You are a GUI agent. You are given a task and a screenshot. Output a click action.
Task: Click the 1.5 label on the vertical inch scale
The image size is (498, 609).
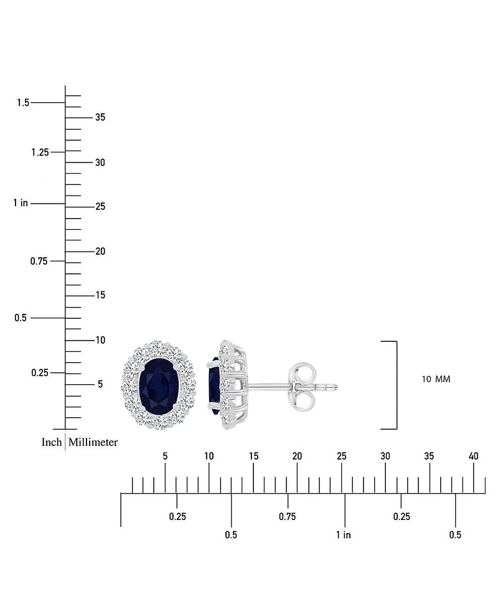[23, 103]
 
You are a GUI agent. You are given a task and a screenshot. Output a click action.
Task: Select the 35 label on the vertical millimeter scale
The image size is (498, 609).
[100, 117]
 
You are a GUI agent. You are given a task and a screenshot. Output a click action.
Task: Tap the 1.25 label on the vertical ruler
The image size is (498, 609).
[40, 152]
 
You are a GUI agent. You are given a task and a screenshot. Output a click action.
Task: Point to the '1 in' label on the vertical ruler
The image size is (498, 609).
[21, 203]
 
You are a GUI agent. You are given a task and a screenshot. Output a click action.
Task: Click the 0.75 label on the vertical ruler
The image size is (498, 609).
[39, 261]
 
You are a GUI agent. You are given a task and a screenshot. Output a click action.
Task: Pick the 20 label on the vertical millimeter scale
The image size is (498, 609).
[100, 252]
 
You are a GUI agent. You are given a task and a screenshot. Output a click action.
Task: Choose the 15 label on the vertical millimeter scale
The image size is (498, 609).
[100, 295]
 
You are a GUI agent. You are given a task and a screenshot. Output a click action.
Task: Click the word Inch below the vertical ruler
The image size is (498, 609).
[52, 442]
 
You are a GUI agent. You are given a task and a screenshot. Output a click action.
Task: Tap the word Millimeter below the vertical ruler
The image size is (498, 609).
[93, 442]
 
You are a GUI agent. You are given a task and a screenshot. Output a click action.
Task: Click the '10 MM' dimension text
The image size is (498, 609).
[436, 379]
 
